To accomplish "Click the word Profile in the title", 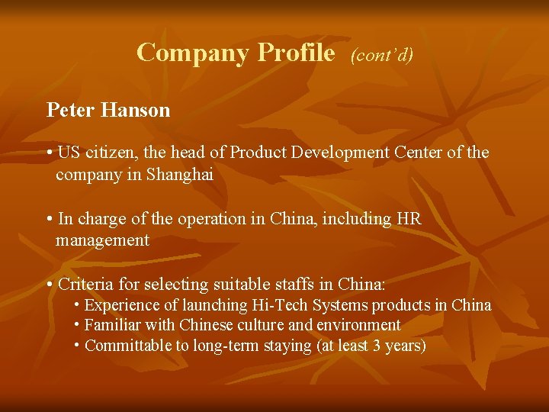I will [296, 53].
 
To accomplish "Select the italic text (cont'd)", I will [381, 55].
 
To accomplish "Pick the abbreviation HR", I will [408, 219].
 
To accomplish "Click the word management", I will [102, 240].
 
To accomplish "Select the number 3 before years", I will [376, 346].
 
